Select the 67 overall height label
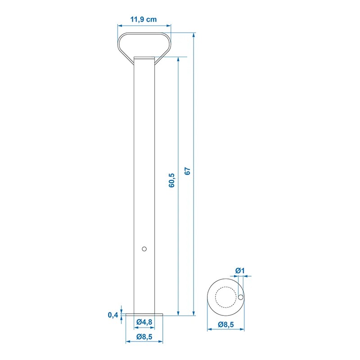point(188,171)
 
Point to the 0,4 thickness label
point(113,315)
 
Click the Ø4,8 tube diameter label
point(144,321)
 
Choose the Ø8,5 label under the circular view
point(226,324)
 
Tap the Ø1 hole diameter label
point(239,270)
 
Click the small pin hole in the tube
point(144,248)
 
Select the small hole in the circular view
point(241,297)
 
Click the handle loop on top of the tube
point(144,43)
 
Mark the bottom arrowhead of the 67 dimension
point(194,313)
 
